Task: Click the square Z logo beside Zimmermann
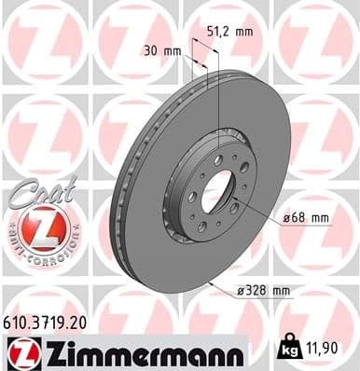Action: coord(21,350)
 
